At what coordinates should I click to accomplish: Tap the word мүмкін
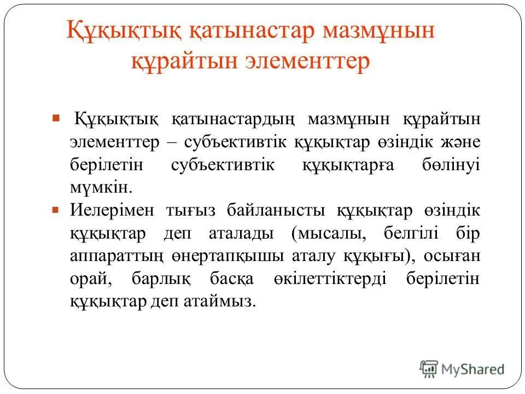(101, 188)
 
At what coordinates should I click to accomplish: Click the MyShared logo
(463, 369)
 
